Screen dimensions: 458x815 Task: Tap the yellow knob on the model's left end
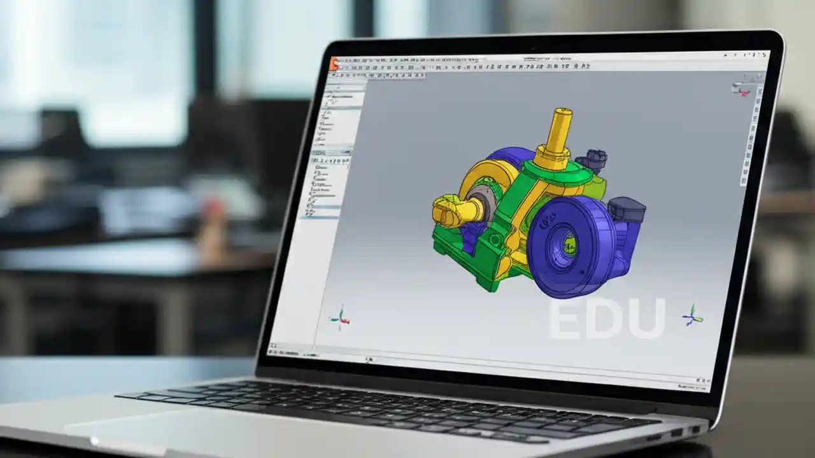(448, 212)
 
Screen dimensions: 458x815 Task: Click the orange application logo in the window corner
(334, 62)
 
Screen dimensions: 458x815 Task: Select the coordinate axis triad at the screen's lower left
(341, 317)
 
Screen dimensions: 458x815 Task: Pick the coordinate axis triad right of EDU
(692, 315)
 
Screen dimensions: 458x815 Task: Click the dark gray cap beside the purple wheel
(627, 209)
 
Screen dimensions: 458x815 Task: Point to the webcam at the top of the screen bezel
(532, 49)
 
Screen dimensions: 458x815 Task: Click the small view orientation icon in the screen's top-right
(741, 88)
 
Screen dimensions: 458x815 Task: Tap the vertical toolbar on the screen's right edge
(751, 140)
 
